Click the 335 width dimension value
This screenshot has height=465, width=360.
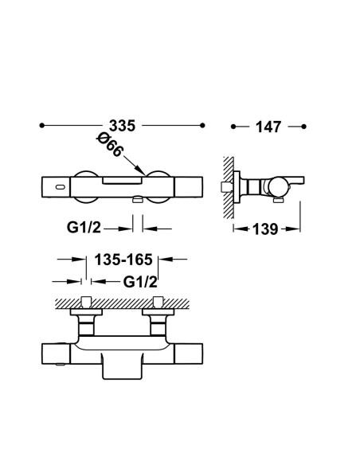point(122,126)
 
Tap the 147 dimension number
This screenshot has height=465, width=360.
point(268,127)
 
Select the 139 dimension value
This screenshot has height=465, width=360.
point(265,229)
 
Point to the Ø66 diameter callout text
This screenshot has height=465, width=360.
point(109,145)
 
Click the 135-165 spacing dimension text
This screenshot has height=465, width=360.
point(123,260)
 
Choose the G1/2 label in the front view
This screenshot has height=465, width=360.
point(84,228)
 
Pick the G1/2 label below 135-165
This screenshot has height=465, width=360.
point(140,282)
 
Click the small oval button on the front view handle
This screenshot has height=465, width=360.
point(59,187)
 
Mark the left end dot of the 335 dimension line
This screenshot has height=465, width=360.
point(41,126)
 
